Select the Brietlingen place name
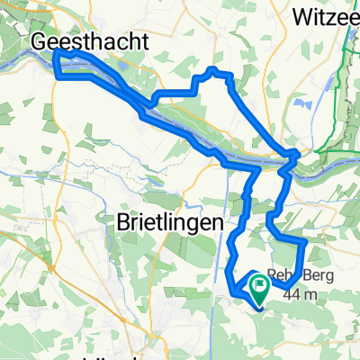[177, 221]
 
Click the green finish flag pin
[259, 285]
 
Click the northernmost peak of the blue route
[212, 69]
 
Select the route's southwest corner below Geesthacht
[59, 76]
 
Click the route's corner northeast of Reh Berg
[306, 241]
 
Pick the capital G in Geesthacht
[40, 41]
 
